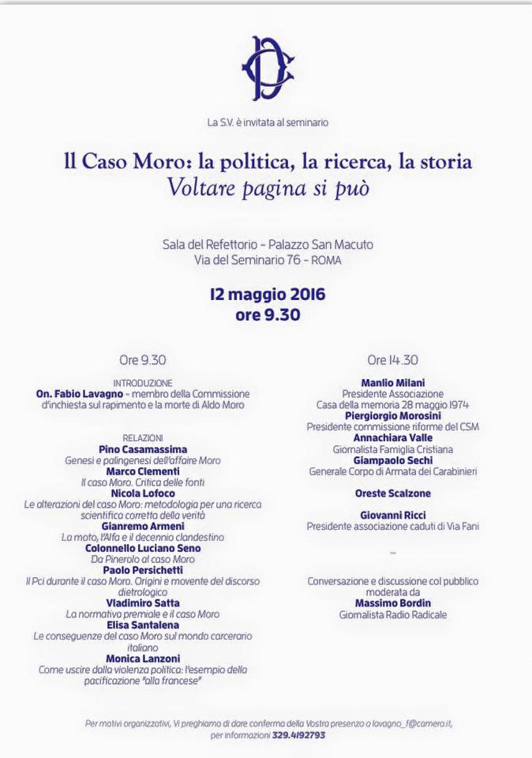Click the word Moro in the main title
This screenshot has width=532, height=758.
(x=167, y=163)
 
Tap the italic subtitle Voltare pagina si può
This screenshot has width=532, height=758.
(x=268, y=189)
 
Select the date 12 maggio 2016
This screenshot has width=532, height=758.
(x=268, y=295)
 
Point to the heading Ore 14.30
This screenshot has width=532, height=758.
(x=392, y=360)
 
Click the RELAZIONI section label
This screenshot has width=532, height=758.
(x=142, y=437)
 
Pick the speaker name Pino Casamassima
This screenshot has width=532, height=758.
(x=143, y=448)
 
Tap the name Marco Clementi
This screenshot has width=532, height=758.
(x=143, y=471)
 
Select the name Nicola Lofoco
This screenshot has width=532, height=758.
(x=143, y=493)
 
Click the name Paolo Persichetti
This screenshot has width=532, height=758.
(x=143, y=569)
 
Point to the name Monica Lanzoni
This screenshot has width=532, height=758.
(x=143, y=658)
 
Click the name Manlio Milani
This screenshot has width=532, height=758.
(x=392, y=382)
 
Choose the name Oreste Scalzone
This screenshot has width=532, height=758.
(x=392, y=493)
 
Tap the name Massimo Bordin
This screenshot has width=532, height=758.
(x=392, y=602)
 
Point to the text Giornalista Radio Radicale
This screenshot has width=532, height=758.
(x=392, y=614)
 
